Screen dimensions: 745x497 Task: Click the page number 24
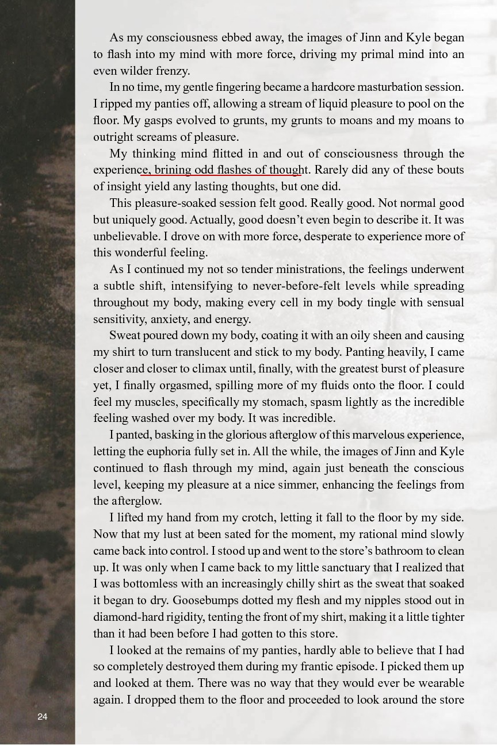point(42,716)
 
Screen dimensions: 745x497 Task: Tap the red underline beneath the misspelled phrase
point(221,175)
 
